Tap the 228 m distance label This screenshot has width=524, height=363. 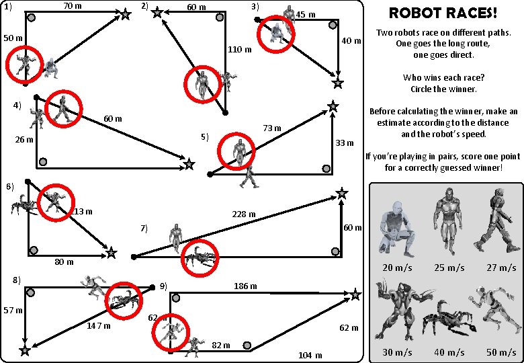(x=243, y=214)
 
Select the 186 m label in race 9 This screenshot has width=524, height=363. (x=245, y=286)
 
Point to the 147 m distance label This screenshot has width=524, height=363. (x=99, y=326)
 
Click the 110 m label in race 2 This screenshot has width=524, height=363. (x=240, y=49)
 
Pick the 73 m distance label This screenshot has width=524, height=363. (x=271, y=128)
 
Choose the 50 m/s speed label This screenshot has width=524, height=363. (x=501, y=352)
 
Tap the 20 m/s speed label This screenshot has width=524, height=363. (x=397, y=268)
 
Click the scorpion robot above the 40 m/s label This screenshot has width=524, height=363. (x=450, y=319)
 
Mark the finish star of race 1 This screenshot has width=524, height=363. (x=126, y=14)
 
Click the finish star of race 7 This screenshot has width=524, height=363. (x=342, y=194)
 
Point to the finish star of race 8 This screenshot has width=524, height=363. (x=25, y=350)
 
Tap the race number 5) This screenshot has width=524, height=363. (x=205, y=137)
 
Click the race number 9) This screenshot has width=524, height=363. (x=163, y=286)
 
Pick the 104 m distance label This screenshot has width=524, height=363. (x=310, y=355)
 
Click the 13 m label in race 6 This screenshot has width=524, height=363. (x=83, y=211)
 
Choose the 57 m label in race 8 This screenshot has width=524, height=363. (x=13, y=311)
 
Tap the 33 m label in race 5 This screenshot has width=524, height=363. (x=344, y=143)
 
